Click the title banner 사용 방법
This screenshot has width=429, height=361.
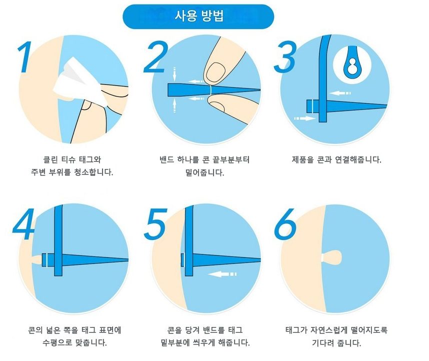(198, 16)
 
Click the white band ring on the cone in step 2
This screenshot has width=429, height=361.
(212, 89)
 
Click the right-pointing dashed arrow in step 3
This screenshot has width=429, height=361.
(304, 118)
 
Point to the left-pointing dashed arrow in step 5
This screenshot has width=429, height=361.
(222, 274)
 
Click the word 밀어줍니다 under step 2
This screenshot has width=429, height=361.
(204, 172)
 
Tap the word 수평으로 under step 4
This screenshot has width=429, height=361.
(60, 342)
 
